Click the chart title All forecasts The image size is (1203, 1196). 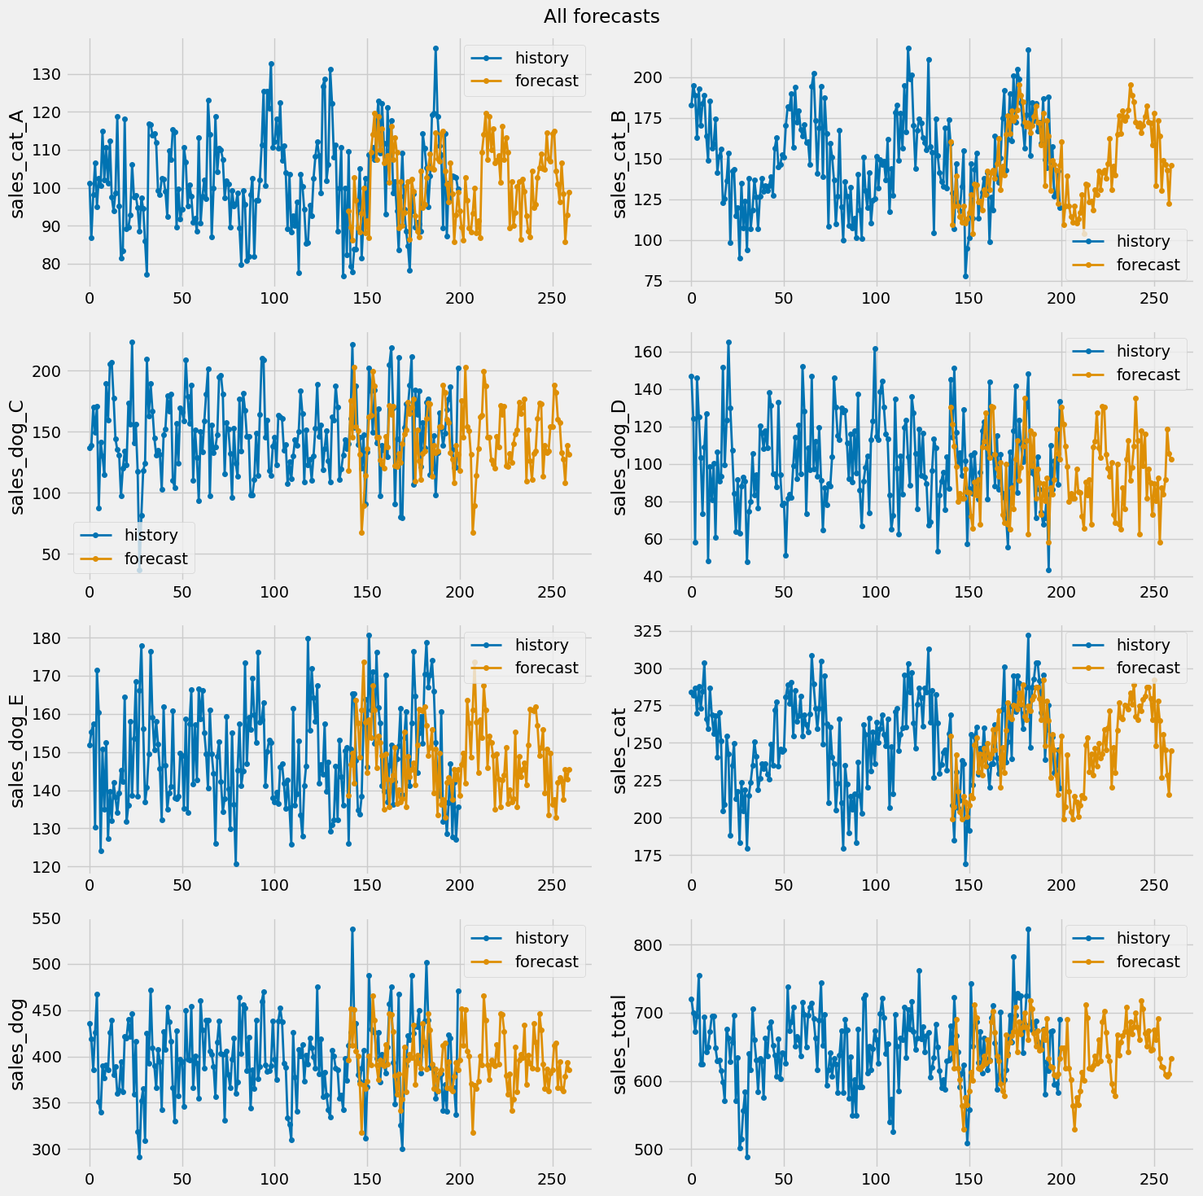click(x=601, y=16)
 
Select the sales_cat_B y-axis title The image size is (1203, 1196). click(x=620, y=164)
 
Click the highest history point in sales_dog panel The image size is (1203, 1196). click(x=352, y=929)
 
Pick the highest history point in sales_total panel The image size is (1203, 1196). click(x=1028, y=929)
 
